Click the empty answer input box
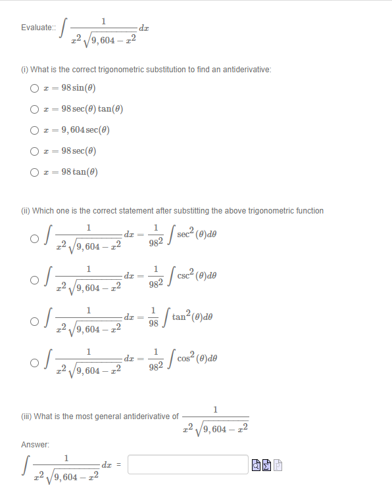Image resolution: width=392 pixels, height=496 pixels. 187,464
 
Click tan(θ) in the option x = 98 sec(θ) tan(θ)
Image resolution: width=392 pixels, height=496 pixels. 112,110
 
